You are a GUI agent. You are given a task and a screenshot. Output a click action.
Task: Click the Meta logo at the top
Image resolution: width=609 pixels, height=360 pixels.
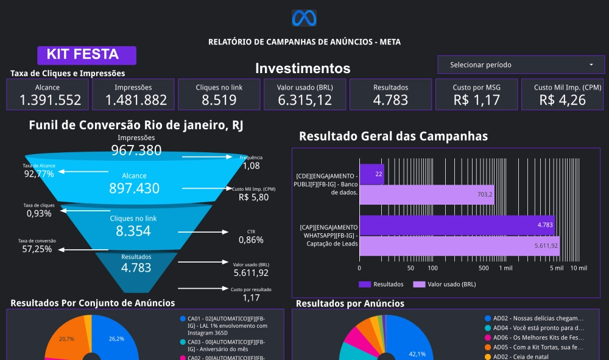tap(304, 18)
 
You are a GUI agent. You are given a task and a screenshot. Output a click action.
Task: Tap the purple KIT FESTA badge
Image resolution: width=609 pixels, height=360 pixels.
tap(86, 55)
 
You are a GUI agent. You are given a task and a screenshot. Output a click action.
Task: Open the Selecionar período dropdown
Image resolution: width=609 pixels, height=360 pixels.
tap(520, 65)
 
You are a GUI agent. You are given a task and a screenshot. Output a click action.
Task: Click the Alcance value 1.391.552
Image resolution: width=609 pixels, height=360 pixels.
tap(47, 100)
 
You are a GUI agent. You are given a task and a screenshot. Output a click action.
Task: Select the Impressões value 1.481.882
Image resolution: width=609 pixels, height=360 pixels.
tap(133, 100)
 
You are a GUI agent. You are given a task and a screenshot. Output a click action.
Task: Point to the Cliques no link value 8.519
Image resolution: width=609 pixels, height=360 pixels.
tap(219, 100)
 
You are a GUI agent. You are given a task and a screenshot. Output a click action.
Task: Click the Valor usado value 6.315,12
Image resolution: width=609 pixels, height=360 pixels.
tap(304, 100)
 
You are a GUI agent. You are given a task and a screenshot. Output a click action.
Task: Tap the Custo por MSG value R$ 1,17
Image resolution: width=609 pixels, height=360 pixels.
tap(477, 100)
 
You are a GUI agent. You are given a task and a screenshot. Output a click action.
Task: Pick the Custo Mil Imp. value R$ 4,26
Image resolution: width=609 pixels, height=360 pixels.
tap(562, 100)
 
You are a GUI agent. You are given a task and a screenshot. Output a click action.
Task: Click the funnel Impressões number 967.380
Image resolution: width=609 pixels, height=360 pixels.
tap(136, 150)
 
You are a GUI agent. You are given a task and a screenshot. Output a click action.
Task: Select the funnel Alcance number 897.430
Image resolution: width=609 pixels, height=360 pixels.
tap(134, 188)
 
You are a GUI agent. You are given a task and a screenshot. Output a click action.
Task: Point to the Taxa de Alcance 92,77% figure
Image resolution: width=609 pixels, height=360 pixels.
tap(39, 174)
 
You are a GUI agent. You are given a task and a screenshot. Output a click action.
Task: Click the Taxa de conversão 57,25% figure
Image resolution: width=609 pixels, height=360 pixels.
tap(38, 249)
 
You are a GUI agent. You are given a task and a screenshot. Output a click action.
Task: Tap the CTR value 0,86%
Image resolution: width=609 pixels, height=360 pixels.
tap(251, 240)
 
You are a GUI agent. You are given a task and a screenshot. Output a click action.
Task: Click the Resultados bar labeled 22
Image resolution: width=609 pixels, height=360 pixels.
tap(371, 174)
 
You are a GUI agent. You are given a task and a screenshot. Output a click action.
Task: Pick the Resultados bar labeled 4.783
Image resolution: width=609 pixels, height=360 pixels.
tap(457, 225)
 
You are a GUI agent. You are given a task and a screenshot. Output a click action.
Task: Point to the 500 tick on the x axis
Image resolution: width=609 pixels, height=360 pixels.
tap(484, 268)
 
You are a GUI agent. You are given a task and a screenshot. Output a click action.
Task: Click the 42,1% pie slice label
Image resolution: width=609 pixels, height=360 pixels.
tap(417, 354)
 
